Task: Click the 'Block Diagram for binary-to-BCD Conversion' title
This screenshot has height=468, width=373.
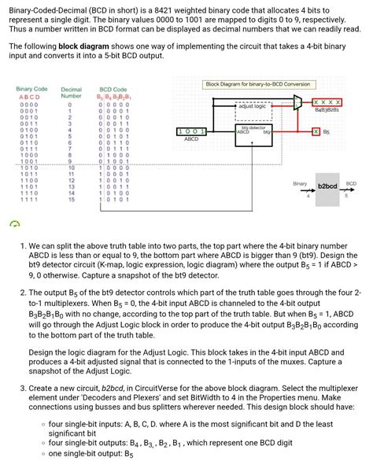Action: tap(257, 84)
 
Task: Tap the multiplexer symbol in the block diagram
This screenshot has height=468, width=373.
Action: tap(297, 101)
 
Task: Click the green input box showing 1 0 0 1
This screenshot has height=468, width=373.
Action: tap(191, 131)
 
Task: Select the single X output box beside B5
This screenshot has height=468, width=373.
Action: tap(316, 131)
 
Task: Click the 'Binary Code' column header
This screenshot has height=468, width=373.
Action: tap(31, 90)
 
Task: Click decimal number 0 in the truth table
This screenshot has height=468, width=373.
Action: tap(70, 104)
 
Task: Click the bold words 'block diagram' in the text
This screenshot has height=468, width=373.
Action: tap(80, 46)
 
